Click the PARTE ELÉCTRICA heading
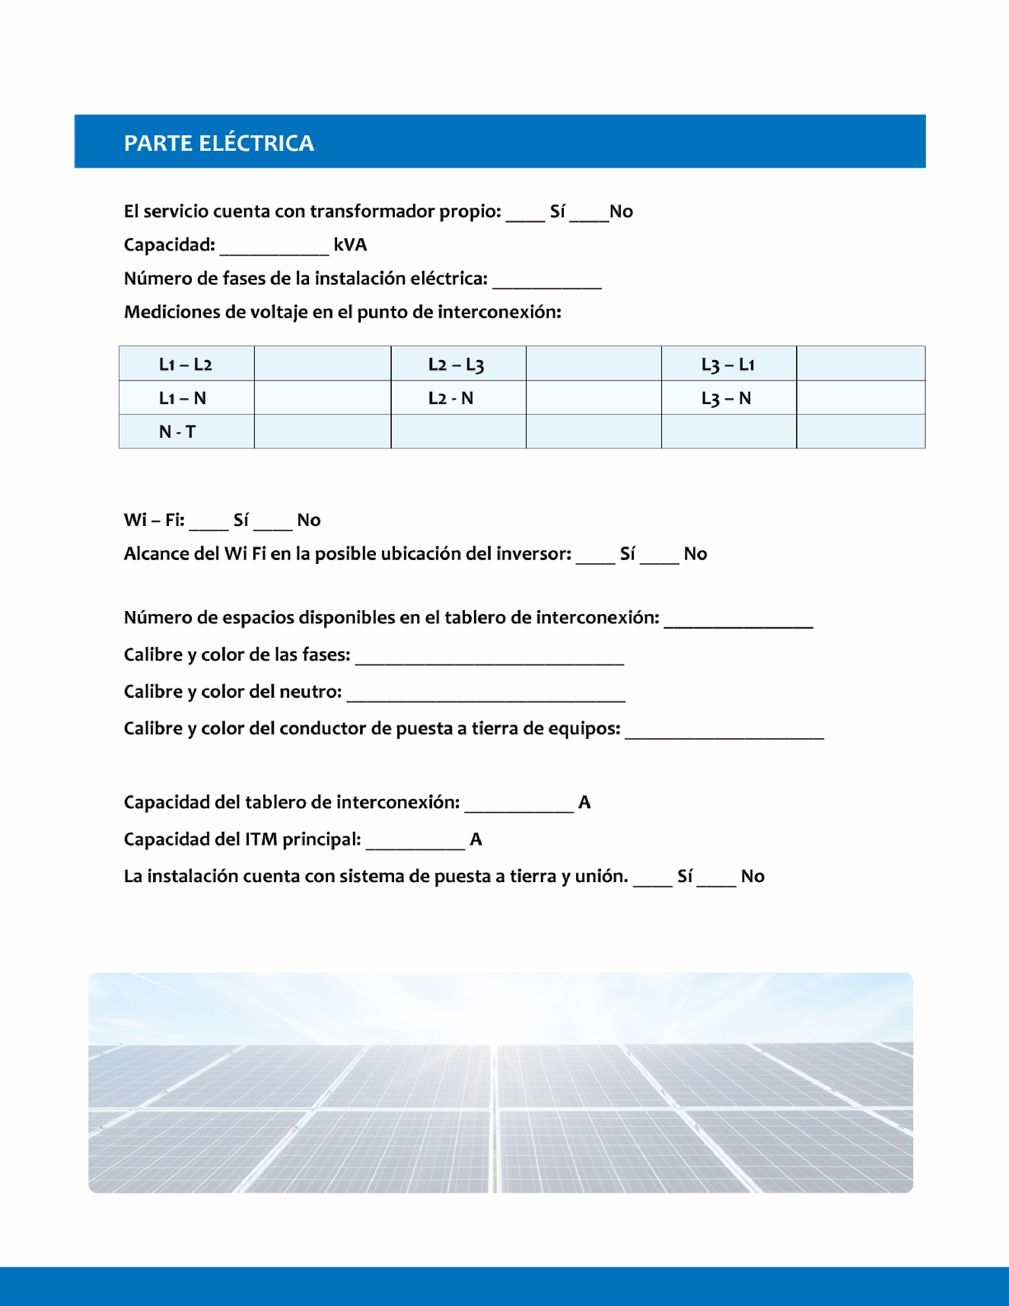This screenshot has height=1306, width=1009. [x=219, y=143]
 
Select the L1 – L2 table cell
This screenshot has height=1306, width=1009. [x=185, y=364]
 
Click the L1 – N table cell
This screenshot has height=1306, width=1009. [x=182, y=398]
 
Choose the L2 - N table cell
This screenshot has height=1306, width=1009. [x=451, y=398]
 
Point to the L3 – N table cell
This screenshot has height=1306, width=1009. [x=726, y=398]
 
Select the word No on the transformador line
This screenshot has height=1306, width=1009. [x=621, y=212]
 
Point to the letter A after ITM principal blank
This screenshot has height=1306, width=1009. [x=476, y=839]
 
